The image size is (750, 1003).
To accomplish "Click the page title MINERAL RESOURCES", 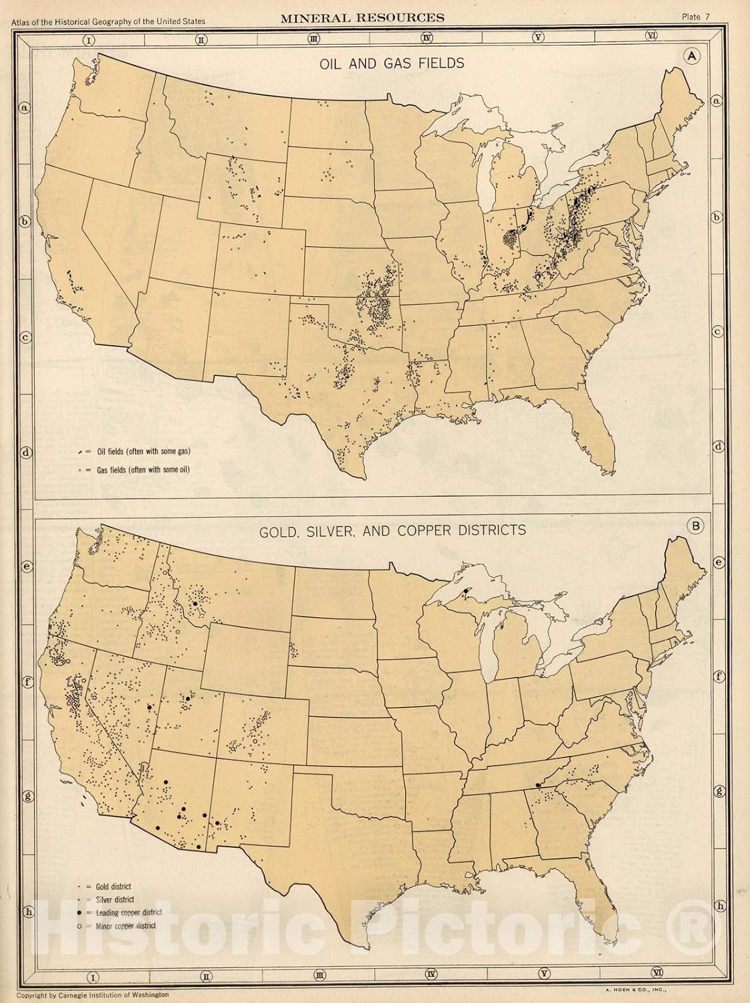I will pos(362,17).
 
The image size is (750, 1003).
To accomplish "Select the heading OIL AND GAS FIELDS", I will pos(374,64).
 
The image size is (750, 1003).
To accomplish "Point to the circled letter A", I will pos(690,57).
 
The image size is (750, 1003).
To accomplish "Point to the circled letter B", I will pos(696,527).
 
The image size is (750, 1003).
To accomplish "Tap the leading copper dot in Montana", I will pos(195,603).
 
